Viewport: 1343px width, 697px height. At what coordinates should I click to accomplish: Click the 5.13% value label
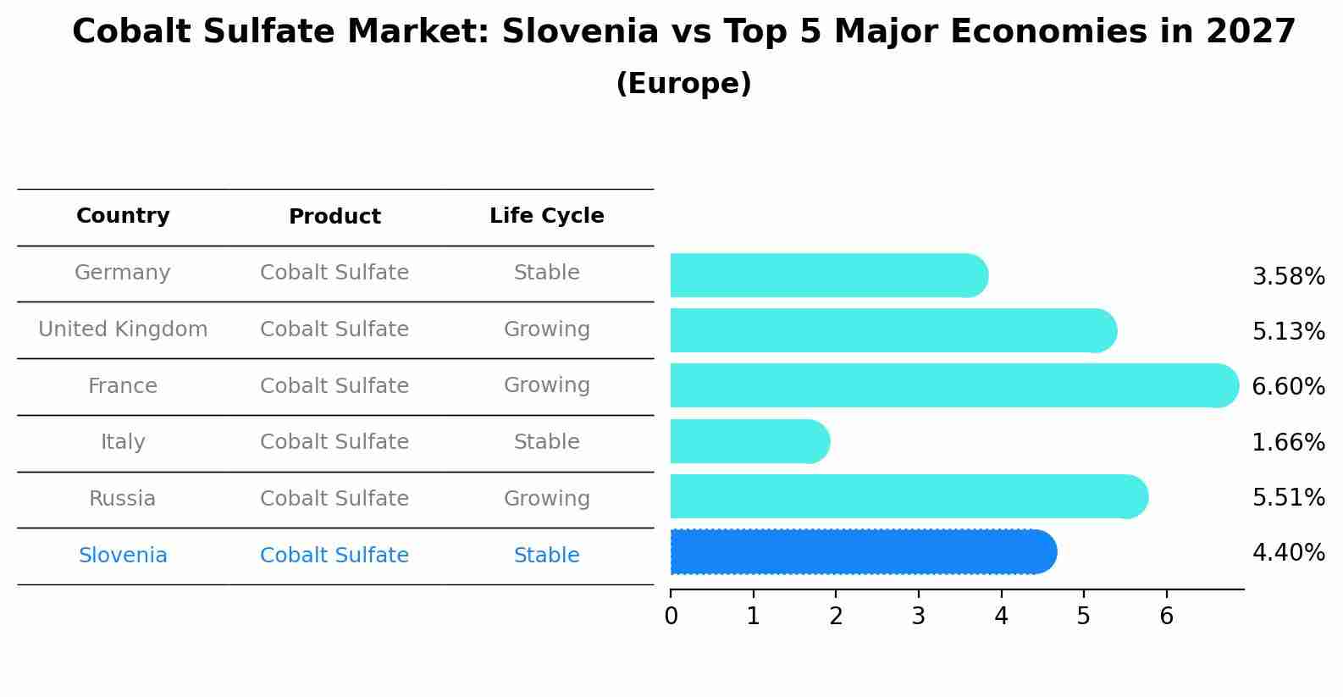(1288, 331)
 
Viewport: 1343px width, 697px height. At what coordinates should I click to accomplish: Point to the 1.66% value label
(1288, 442)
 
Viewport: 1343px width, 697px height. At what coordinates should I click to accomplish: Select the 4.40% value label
(1288, 553)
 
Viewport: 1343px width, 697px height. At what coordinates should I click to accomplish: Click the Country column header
(123, 216)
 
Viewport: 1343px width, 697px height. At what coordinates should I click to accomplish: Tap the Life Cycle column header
(546, 216)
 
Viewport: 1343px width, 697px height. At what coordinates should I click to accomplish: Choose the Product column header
(334, 217)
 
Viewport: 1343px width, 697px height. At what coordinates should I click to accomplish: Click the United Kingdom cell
(123, 329)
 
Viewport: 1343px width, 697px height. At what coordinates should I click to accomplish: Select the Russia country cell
(123, 499)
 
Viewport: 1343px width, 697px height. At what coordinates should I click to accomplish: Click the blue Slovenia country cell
(123, 556)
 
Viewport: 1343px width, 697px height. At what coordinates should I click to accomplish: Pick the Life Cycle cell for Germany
(546, 273)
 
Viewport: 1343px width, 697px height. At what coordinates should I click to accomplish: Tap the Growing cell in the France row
(546, 385)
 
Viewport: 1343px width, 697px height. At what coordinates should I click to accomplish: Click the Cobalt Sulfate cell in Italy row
(334, 442)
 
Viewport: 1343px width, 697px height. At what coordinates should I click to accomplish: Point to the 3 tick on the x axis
(919, 617)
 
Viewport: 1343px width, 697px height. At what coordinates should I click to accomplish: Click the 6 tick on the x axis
(1166, 617)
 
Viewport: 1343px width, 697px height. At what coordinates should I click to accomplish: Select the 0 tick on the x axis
(671, 617)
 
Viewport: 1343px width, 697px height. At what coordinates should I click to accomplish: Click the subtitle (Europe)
(683, 84)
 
